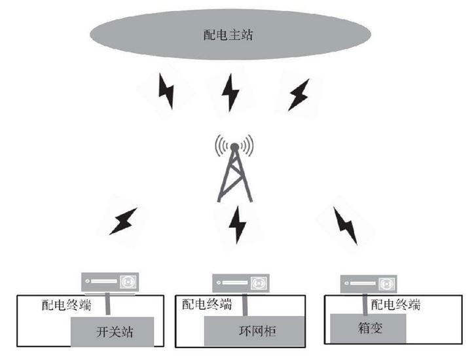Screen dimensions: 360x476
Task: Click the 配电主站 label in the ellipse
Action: (229, 35)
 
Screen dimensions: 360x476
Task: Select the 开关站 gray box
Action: (113, 332)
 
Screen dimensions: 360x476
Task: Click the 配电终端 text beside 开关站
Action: (66, 306)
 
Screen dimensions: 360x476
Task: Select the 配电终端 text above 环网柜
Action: (208, 304)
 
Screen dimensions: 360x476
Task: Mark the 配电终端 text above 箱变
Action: (395, 305)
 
